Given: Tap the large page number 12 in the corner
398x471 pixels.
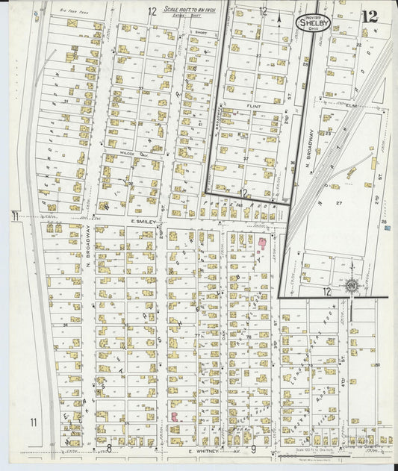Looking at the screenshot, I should point(368,16).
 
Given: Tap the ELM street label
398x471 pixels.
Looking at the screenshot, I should point(352,105).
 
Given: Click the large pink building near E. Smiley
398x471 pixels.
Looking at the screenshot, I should point(262,242).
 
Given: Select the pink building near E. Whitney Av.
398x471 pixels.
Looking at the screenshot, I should point(173,416).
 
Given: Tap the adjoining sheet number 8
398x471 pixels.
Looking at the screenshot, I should point(109,448).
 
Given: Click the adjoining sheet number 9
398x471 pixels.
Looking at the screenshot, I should point(254,448).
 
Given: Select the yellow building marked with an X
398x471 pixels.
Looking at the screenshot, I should point(72,24).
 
